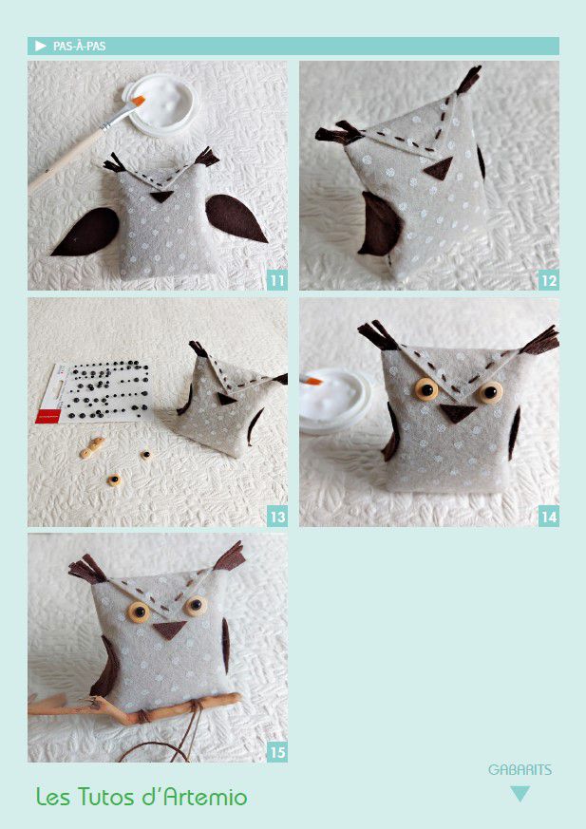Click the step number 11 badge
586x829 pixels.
277,280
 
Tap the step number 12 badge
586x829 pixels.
549,280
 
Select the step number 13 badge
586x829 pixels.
277,517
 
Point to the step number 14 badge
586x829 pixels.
549,517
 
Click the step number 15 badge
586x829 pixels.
277,752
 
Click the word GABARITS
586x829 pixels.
520,770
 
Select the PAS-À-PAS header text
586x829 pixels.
80,46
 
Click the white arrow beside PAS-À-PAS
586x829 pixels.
41,46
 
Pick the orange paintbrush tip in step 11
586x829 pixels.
139,100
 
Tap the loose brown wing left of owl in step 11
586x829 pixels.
86,232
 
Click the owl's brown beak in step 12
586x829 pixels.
439,168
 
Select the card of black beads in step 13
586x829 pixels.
94,392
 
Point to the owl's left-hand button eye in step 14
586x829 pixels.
426,389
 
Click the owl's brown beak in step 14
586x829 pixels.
457,412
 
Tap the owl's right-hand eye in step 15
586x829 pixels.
196,605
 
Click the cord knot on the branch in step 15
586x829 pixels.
142,716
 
